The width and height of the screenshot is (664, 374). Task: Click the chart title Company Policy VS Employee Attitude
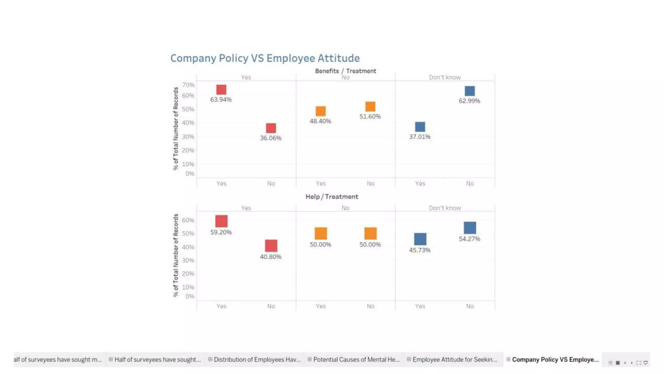click(x=265, y=58)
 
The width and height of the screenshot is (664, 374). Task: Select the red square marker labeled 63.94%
click(x=221, y=90)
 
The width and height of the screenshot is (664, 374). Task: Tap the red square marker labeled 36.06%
click(x=271, y=128)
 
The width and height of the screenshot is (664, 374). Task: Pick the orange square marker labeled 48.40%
click(x=320, y=111)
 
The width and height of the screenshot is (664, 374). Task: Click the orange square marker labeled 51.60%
click(x=370, y=106)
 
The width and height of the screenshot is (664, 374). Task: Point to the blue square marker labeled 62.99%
click(x=469, y=91)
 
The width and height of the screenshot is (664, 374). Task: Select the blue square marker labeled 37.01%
click(x=420, y=127)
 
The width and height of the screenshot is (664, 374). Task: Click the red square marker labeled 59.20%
click(x=221, y=221)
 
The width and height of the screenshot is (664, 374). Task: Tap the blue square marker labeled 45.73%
click(x=420, y=239)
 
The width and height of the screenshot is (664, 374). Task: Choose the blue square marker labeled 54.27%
click(x=469, y=228)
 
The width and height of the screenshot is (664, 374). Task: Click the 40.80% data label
click(x=270, y=257)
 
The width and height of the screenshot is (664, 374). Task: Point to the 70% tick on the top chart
click(x=188, y=85)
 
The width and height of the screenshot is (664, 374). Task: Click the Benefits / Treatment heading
click(x=345, y=71)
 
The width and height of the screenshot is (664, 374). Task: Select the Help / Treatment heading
click(x=332, y=197)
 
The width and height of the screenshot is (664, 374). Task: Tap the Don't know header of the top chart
click(x=445, y=77)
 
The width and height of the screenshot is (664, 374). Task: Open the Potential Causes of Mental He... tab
click(x=356, y=359)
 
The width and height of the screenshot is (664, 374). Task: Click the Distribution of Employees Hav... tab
click(x=257, y=359)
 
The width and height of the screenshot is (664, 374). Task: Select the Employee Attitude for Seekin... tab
click(x=454, y=359)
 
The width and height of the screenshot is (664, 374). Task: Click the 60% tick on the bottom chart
click(x=188, y=220)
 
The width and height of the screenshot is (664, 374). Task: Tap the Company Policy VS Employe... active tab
click(x=555, y=359)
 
